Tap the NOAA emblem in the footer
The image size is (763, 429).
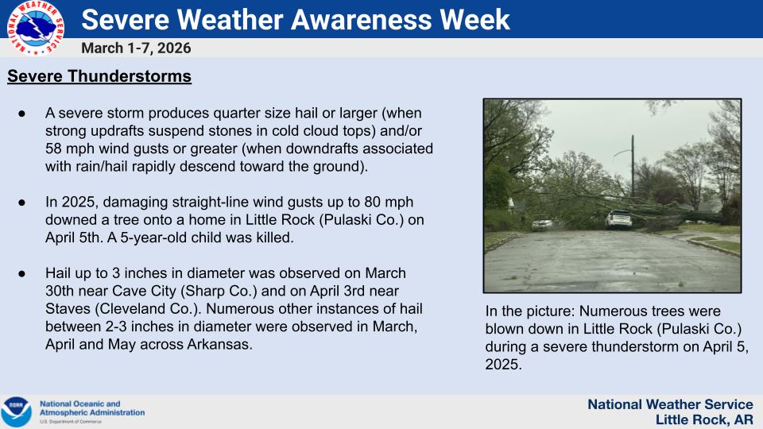tap(16, 412)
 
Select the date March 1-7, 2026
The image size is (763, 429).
tap(136, 48)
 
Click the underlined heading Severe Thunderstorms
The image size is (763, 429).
tap(99, 77)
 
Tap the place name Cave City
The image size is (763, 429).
tap(148, 291)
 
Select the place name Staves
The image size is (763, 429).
tap(68, 308)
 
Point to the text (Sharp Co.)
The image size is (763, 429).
tap(219, 291)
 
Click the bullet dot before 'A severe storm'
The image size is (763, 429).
tap(22, 114)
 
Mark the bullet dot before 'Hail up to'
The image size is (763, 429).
tap(22, 273)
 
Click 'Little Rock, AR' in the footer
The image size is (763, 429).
tap(703, 419)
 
